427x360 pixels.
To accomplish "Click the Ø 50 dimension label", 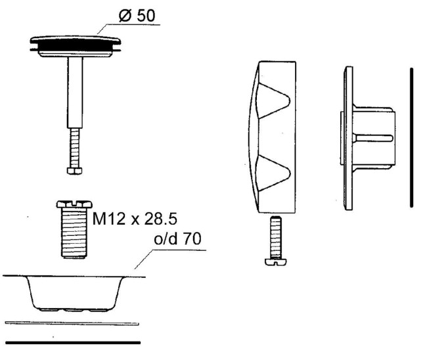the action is (137, 15).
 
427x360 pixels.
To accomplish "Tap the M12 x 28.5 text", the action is (135, 219).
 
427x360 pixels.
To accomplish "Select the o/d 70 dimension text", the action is (177, 238).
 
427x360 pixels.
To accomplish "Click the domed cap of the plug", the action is (76, 40).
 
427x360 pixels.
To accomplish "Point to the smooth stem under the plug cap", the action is (75, 93).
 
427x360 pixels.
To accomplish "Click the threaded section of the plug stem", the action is (75, 148).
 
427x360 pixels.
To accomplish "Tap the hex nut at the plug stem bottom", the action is (74, 171).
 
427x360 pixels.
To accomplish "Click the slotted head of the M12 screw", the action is (74, 204).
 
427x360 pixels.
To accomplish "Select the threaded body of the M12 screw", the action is (74, 233).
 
